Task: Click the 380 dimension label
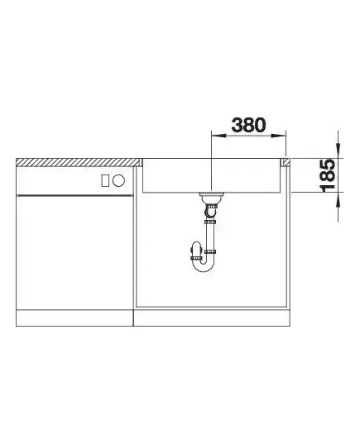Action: point(248,125)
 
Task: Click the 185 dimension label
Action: point(328,176)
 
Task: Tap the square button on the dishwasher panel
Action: point(105,180)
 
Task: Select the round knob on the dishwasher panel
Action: point(118,180)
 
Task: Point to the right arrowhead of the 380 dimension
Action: point(279,136)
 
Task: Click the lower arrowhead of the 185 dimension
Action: point(338,199)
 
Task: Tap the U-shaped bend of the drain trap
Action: point(203,266)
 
